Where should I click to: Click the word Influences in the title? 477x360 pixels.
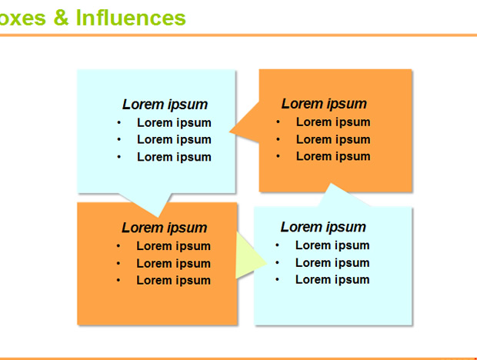pyautogui.click(x=131, y=18)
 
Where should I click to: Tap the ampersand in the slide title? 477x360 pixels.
pyautogui.click(x=61, y=18)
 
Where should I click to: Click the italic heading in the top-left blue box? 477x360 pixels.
pyautogui.click(x=165, y=105)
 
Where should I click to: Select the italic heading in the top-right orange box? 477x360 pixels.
pyautogui.click(x=324, y=104)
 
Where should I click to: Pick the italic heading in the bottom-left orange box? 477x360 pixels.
pyautogui.click(x=165, y=228)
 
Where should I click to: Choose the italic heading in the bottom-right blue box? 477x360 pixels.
pyautogui.click(x=323, y=227)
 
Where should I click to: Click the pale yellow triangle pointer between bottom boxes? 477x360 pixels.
pyautogui.click(x=252, y=255)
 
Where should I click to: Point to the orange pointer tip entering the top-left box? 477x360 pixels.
pyautogui.click(x=230, y=132)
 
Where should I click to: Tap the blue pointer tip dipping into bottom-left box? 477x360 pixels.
pyautogui.click(x=158, y=216)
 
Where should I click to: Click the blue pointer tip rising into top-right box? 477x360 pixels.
pyautogui.click(x=330, y=184)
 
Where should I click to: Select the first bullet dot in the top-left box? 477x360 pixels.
pyautogui.click(x=119, y=123)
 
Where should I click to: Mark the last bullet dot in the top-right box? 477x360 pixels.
pyautogui.click(x=278, y=157)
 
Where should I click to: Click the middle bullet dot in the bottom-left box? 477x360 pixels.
pyautogui.click(x=118, y=263)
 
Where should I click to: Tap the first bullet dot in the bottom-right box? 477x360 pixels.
pyautogui.click(x=277, y=245)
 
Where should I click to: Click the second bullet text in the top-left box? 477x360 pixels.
pyautogui.click(x=174, y=140)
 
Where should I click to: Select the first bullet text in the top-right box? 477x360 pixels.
pyautogui.click(x=333, y=122)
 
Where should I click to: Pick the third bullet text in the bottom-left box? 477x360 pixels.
pyautogui.click(x=173, y=280)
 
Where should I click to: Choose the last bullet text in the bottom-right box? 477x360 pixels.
pyautogui.click(x=332, y=280)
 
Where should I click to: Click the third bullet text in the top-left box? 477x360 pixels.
pyautogui.click(x=174, y=157)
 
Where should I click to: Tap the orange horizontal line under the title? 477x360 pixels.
pyautogui.click(x=239, y=35)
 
